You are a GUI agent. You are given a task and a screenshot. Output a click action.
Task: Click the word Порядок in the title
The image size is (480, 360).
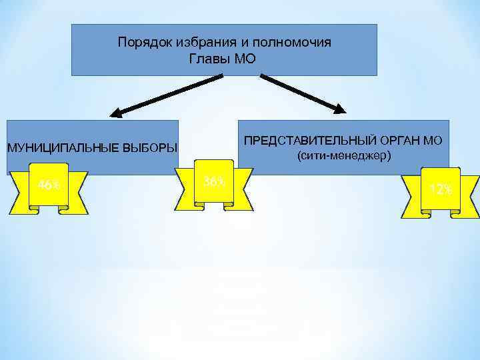pos(138,43)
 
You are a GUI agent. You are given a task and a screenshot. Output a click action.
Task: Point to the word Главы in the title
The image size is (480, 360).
pos(211,59)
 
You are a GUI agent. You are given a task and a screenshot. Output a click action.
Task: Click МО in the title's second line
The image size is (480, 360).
pos(244,59)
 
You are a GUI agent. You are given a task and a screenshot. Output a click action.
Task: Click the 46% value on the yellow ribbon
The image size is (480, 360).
pos(49,185)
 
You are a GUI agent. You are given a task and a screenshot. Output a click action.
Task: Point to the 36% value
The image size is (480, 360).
pos(214,181)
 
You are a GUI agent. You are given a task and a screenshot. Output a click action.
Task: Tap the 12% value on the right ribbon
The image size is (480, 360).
pos(441,189)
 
